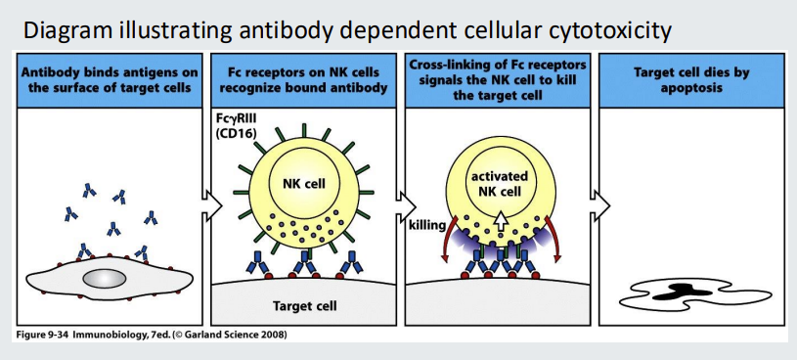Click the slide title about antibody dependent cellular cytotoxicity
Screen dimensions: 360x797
click(x=347, y=28)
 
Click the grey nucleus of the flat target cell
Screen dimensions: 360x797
click(x=104, y=279)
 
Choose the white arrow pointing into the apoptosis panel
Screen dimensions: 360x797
click(x=601, y=207)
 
